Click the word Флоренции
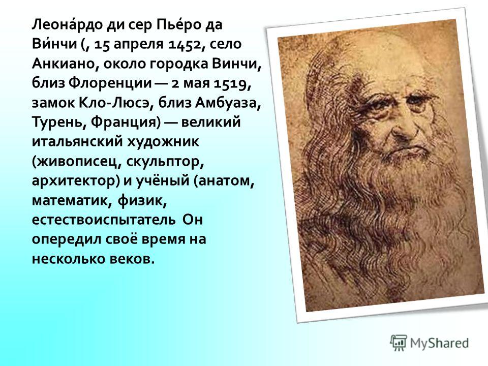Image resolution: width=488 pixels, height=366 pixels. coord(110,83)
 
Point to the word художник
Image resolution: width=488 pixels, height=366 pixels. coord(163,142)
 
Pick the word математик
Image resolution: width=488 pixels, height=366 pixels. coord(72,200)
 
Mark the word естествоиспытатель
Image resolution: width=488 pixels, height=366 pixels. coord(104,220)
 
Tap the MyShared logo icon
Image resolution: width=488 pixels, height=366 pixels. coord(399,343)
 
